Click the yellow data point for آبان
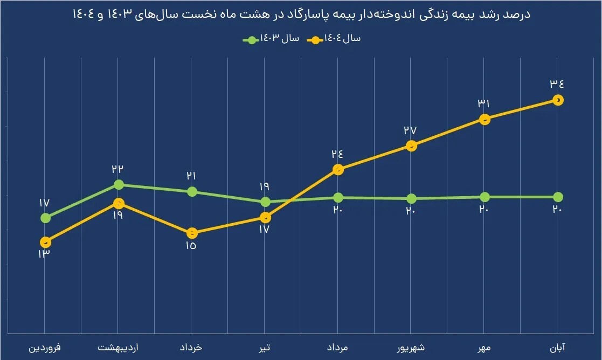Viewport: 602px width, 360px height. click(x=558, y=100)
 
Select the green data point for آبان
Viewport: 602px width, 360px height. click(x=558, y=197)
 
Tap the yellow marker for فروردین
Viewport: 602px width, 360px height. click(x=45, y=241)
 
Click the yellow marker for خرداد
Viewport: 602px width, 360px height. click(x=191, y=233)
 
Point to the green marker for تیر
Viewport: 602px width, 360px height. click(x=265, y=202)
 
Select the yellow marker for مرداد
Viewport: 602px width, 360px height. click(x=338, y=170)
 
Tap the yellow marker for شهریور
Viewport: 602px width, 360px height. click(x=411, y=146)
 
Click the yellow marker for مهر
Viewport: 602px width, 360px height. click(x=485, y=119)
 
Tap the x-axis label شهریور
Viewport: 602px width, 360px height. click(x=411, y=348)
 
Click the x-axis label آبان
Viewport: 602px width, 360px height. click(x=558, y=348)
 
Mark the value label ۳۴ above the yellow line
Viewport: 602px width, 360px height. click(x=557, y=84)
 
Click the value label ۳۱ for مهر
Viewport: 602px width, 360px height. click(x=484, y=103)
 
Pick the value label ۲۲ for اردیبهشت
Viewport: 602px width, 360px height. click(x=117, y=169)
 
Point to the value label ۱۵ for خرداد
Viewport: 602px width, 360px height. click(x=191, y=247)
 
